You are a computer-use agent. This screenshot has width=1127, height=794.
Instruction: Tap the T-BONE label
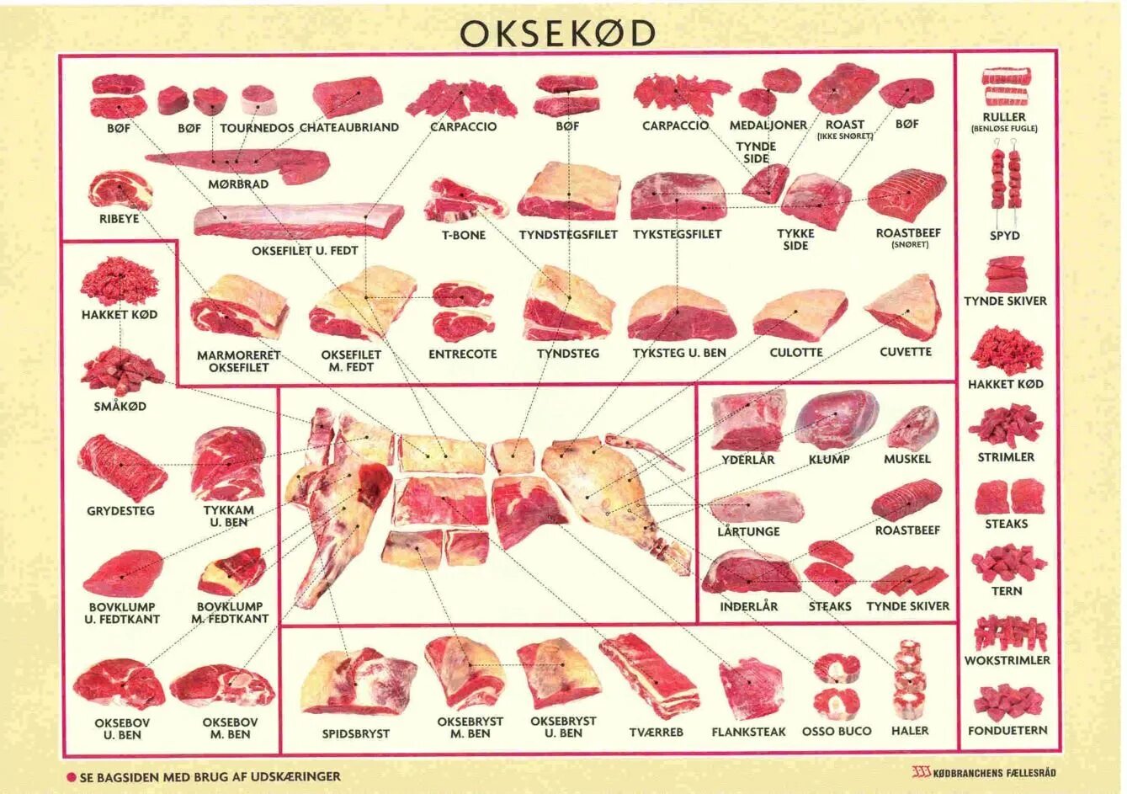tap(464, 235)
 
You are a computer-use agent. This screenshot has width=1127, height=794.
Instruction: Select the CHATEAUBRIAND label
tap(349, 127)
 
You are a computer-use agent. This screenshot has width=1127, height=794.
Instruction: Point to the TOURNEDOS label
tap(258, 127)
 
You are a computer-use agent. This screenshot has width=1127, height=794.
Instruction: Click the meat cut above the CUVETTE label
tap(904, 307)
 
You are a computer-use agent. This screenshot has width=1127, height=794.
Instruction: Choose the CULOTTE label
tap(795, 353)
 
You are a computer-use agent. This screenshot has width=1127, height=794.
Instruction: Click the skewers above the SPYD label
tap(1004, 181)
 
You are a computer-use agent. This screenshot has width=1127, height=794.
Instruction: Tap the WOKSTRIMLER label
tap(1007, 660)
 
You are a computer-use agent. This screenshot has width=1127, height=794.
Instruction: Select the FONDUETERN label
tap(1007, 730)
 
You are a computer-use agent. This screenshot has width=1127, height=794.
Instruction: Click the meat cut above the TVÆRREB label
tap(649, 675)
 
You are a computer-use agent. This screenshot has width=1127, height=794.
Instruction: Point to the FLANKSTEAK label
tap(748, 732)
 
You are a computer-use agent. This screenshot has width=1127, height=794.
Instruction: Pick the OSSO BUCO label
tap(836, 731)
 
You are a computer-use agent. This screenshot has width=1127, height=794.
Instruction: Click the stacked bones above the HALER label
tap(908, 678)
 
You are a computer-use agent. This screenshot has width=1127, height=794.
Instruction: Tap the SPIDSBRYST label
tap(356, 733)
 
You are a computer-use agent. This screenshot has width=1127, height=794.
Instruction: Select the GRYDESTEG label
tap(121, 510)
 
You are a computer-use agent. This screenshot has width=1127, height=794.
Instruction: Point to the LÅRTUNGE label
tap(748, 531)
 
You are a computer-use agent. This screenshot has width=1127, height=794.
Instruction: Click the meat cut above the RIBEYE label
tap(120, 191)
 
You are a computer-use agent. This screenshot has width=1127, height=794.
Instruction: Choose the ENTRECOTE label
tap(462, 354)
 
